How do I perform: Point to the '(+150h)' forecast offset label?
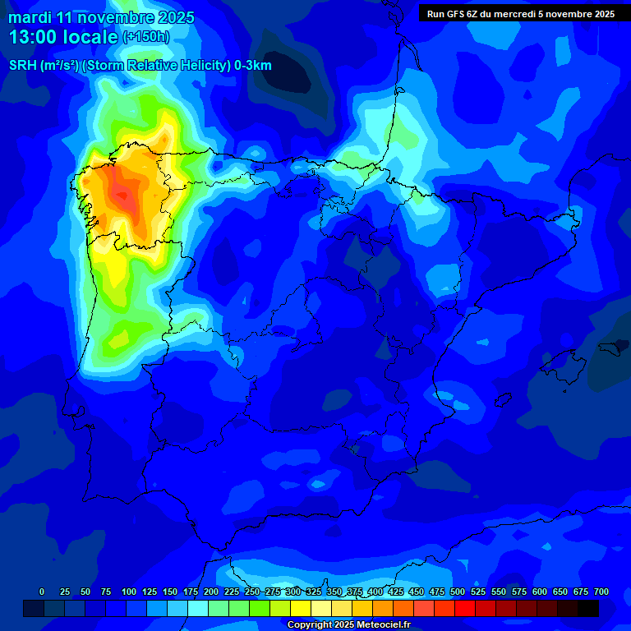tap(147, 37)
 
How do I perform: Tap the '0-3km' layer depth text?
tap(253, 66)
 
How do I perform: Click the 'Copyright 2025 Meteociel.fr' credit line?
tap(360, 625)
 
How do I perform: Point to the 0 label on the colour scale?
tap(42, 592)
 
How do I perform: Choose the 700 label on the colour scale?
tap(601, 592)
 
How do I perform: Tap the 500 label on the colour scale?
tap(458, 592)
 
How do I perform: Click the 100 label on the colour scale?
tap(129, 592)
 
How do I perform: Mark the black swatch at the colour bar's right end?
tap(587, 608)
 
